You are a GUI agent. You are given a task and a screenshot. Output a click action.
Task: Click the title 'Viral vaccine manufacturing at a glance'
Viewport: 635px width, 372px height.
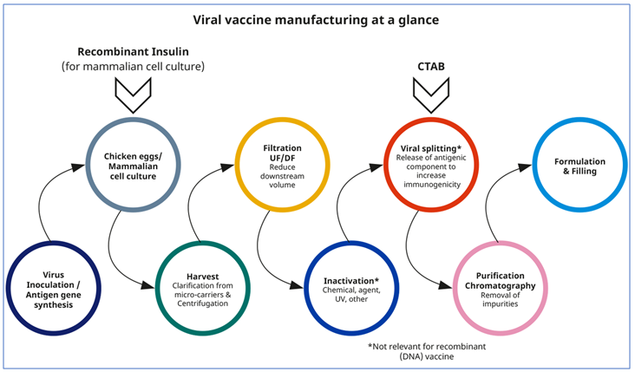pos(317,19)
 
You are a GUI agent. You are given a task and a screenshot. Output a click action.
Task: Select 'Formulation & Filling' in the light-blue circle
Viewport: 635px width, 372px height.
pos(579,166)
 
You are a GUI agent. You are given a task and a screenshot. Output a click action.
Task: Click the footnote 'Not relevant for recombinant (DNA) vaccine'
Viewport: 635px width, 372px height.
pos(427,350)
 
